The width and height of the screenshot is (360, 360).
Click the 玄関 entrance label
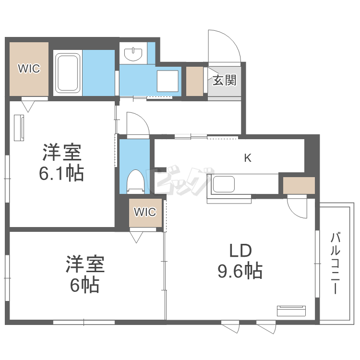tap(225, 80)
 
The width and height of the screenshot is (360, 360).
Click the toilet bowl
tap(135, 181)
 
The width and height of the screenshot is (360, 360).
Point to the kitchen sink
tap(223, 184)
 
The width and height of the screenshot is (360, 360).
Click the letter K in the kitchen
tap(248, 157)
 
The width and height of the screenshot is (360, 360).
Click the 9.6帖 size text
tap(240, 272)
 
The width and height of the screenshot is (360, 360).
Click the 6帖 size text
tap(85, 285)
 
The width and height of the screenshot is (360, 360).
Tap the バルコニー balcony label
tap(336, 263)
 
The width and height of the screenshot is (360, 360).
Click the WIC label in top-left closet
tap(29, 69)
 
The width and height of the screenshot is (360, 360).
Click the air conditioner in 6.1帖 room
tap(20, 128)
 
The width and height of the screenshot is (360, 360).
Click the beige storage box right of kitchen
tap(299, 185)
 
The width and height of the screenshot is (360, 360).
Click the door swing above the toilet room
tap(137, 124)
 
